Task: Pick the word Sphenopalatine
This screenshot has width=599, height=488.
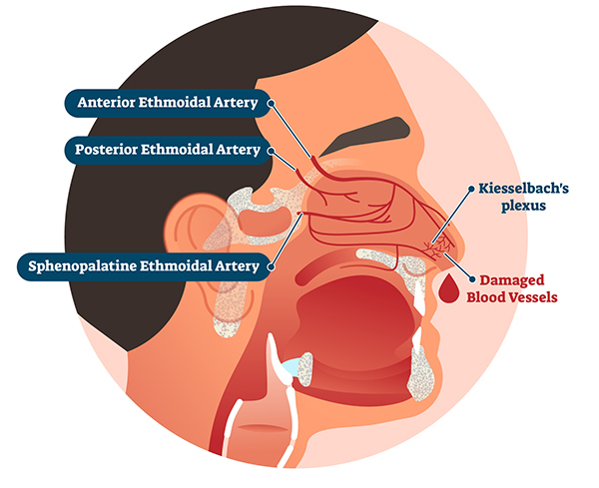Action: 88,266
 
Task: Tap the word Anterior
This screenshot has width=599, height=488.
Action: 111,103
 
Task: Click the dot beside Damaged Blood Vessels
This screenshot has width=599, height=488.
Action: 468,279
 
